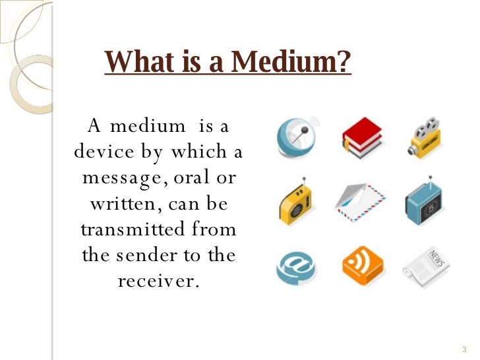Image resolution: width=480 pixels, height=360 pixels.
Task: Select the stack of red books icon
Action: (x=360, y=138)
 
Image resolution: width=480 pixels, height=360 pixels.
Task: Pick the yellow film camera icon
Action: (x=423, y=138)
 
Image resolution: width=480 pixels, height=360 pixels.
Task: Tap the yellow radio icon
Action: (x=295, y=201)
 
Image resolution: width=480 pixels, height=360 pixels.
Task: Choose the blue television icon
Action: (x=425, y=202)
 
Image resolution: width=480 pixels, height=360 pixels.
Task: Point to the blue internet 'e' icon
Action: (x=295, y=266)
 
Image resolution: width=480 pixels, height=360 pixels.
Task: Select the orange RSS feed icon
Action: (x=359, y=266)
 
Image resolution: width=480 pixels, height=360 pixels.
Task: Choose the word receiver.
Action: (x=158, y=281)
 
